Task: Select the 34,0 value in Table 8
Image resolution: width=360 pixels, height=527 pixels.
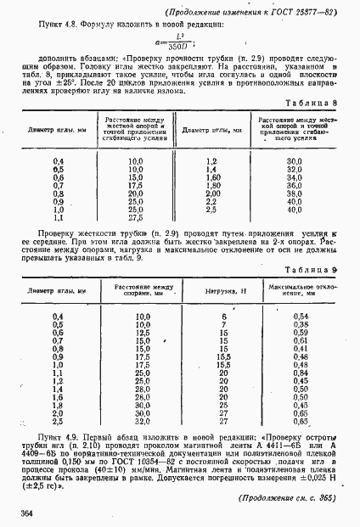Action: [x=295, y=177]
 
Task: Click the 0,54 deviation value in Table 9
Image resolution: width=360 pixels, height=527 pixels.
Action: [x=300, y=317]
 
